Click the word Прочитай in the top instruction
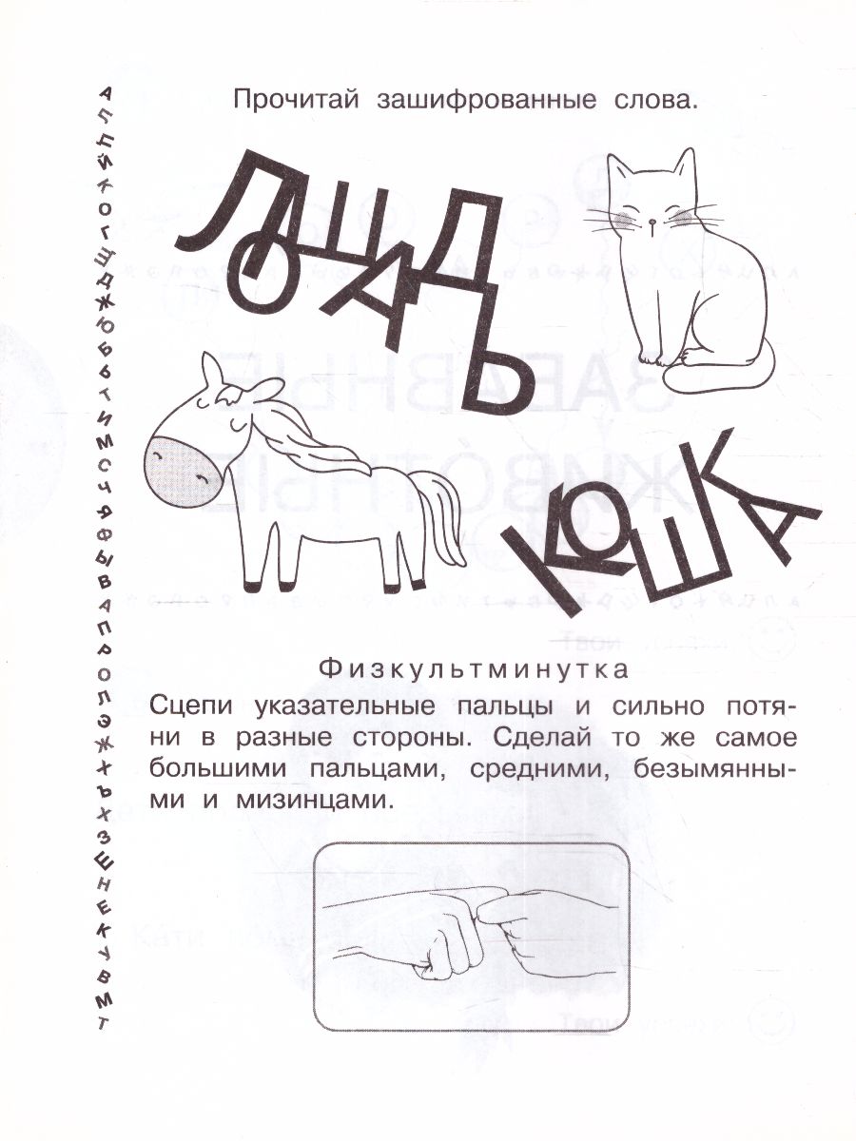coord(284,101)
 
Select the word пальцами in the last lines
coord(379,770)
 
